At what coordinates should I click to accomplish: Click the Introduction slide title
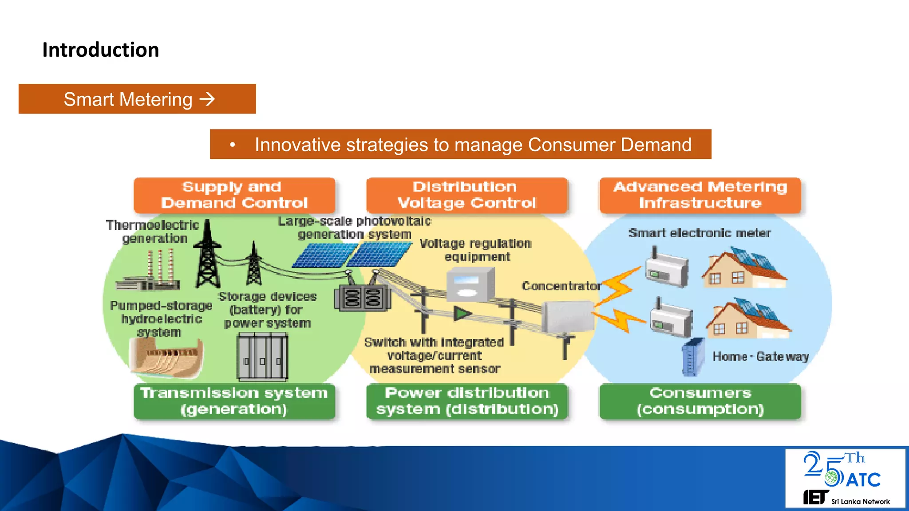(100, 50)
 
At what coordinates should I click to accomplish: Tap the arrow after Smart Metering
(207, 99)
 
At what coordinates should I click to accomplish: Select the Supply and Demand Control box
(234, 195)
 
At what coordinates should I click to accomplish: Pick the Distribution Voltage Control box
(466, 195)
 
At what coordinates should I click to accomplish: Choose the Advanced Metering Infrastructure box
(700, 195)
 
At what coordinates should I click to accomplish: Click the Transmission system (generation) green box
(234, 401)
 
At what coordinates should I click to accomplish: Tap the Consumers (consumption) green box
(700, 401)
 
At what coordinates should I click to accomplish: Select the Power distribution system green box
(466, 401)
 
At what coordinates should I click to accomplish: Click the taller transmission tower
(207, 255)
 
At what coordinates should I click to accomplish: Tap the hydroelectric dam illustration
(166, 357)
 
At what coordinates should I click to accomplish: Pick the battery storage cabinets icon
(262, 357)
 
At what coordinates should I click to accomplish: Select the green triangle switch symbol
(462, 314)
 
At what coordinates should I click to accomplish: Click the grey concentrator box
(567, 316)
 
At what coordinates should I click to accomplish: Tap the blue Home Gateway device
(693, 357)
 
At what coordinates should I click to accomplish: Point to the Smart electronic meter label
(699, 233)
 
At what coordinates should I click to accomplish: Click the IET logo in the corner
(816, 497)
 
